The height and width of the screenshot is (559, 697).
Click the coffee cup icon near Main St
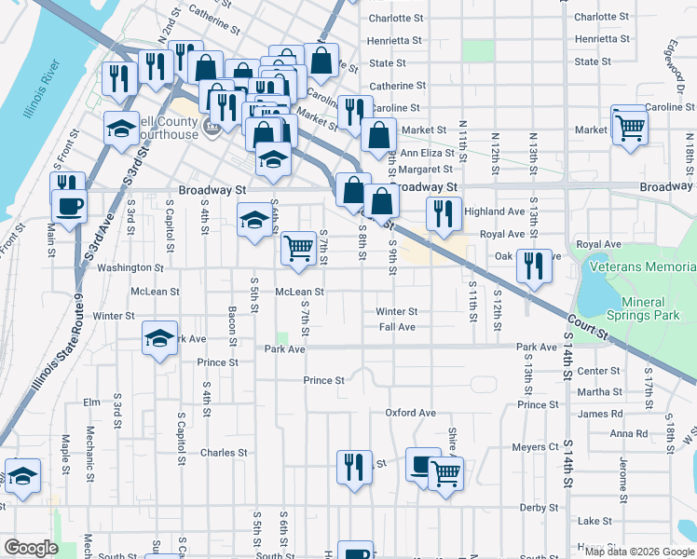[x=71, y=204]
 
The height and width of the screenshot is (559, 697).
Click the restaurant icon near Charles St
[x=353, y=466]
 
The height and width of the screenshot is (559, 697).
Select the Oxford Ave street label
[x=411, y=413]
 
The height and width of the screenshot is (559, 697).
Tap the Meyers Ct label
[x=535, y=447]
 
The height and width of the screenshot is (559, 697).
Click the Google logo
[x=32, y=548]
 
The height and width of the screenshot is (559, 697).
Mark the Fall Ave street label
[x=397, y=327]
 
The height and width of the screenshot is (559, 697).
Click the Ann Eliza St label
[x=427, y=153]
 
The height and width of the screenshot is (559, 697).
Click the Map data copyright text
[x=638, y=551]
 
